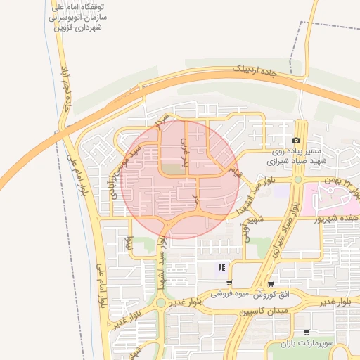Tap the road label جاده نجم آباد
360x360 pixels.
point(68,89)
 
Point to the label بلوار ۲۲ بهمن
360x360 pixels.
point(340,181)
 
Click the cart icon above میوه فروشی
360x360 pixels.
point(229,283)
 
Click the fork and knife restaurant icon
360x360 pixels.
point(221,267)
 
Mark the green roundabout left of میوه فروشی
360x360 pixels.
point(161,303)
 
